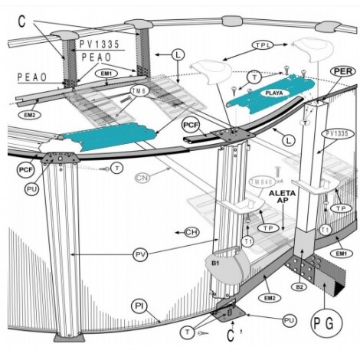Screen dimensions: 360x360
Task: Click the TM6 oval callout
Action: click(x=139, y=90)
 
